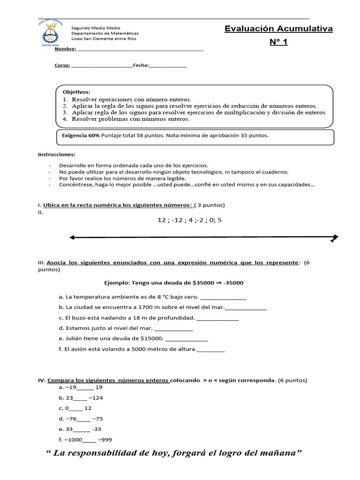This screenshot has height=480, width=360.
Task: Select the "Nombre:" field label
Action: [x=65, y=49]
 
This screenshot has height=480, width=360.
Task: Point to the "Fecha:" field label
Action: [x=141, y=65]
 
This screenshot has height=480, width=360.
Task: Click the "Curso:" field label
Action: [x=62, y=65]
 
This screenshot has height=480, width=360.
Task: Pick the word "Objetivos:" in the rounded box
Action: [x=76, y=92]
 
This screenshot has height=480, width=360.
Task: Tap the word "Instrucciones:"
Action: [x=56, y=154]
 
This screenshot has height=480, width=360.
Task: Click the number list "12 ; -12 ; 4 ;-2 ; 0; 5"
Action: [x=189, y=220]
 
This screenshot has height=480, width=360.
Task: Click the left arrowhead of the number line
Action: [x=72, y=238]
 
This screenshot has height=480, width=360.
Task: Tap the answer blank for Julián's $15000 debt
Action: [x=187, y=338]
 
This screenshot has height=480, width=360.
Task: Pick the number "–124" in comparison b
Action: [x=95, y=398]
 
